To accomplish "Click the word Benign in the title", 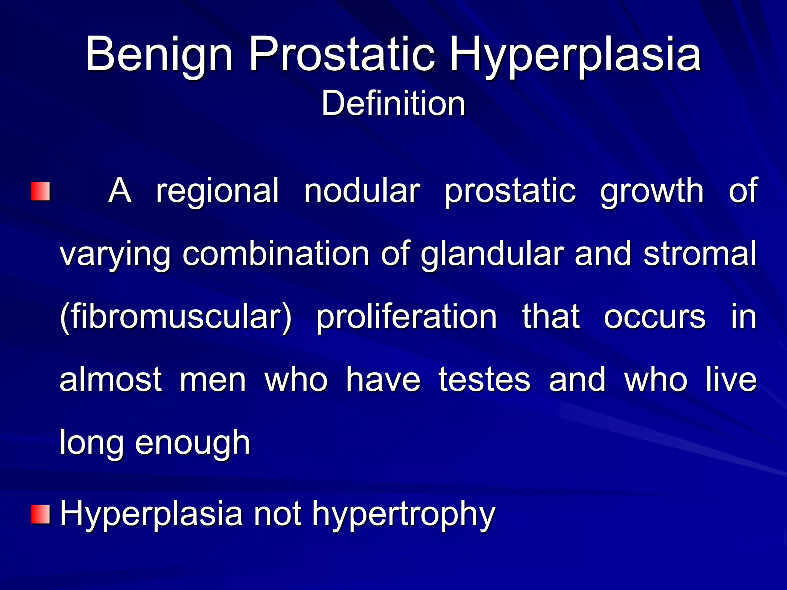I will pos(159,55).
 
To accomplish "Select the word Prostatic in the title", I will pos(342,55).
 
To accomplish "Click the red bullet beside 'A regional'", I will pos(41,191).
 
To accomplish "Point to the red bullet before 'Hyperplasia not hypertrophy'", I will pos(41,515).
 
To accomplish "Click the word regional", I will pos(217,191).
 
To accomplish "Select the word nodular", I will pos(362,191).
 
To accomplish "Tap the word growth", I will pos(652,191).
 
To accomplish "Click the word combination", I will pos(276,254).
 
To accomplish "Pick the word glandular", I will pos(492,254).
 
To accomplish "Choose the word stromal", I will pos(700,254).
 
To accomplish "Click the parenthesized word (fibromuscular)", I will pos(176,317).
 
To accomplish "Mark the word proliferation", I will pos(407,317).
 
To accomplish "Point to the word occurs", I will pos(654,317).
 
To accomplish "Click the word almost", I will pos(111,380).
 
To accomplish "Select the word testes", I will pos(484,380).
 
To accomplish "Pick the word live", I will pos(731,380).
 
